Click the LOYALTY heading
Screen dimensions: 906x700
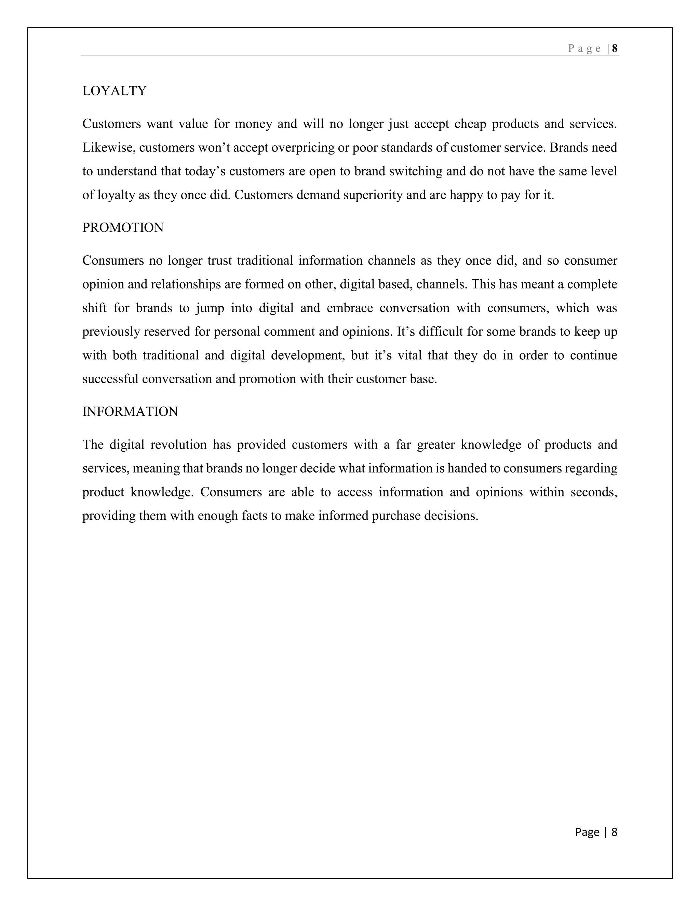tap(115, 91)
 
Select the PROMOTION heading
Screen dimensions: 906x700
tap(123, 228)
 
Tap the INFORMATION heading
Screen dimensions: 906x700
tap(130, 412)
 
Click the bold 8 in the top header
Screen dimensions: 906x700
tap(615, 49)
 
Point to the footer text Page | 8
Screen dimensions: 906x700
tap(596, 832)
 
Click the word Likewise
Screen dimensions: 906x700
tap(109, 148)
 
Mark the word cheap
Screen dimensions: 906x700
tap(470, 124)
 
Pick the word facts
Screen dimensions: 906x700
tap(255, 516)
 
